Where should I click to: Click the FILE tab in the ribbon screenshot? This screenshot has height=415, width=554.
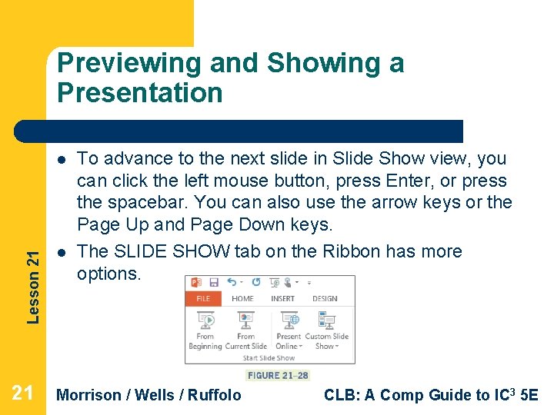[203, 299]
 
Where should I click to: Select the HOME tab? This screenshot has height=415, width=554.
[242, 299]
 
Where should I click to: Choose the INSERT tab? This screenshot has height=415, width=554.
[282, 299]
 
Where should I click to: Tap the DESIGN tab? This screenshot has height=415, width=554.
[325, 299]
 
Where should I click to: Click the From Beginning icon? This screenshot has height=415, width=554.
[205, 320]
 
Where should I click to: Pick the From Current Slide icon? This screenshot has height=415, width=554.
[245, 320]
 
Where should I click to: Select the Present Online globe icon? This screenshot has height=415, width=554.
[289, 320]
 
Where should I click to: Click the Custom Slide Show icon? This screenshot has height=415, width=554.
[327, 320]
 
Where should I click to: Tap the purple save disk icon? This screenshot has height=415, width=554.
[213, 283]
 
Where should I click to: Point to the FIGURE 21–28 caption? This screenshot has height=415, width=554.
[278, 376]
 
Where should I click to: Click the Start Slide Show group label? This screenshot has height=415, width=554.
[269, 358]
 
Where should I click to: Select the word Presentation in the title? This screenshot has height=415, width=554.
[139, 93]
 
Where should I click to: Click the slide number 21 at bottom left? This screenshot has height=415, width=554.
[22, 393]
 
